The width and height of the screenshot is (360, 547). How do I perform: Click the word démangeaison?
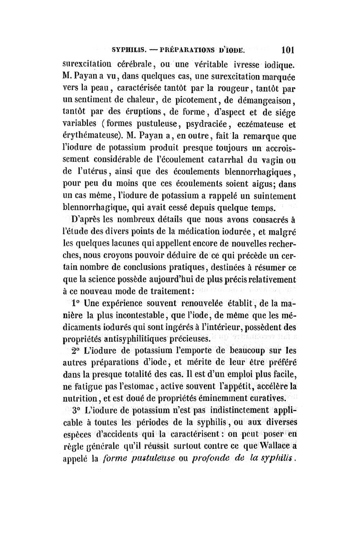(x=262, y=97)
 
